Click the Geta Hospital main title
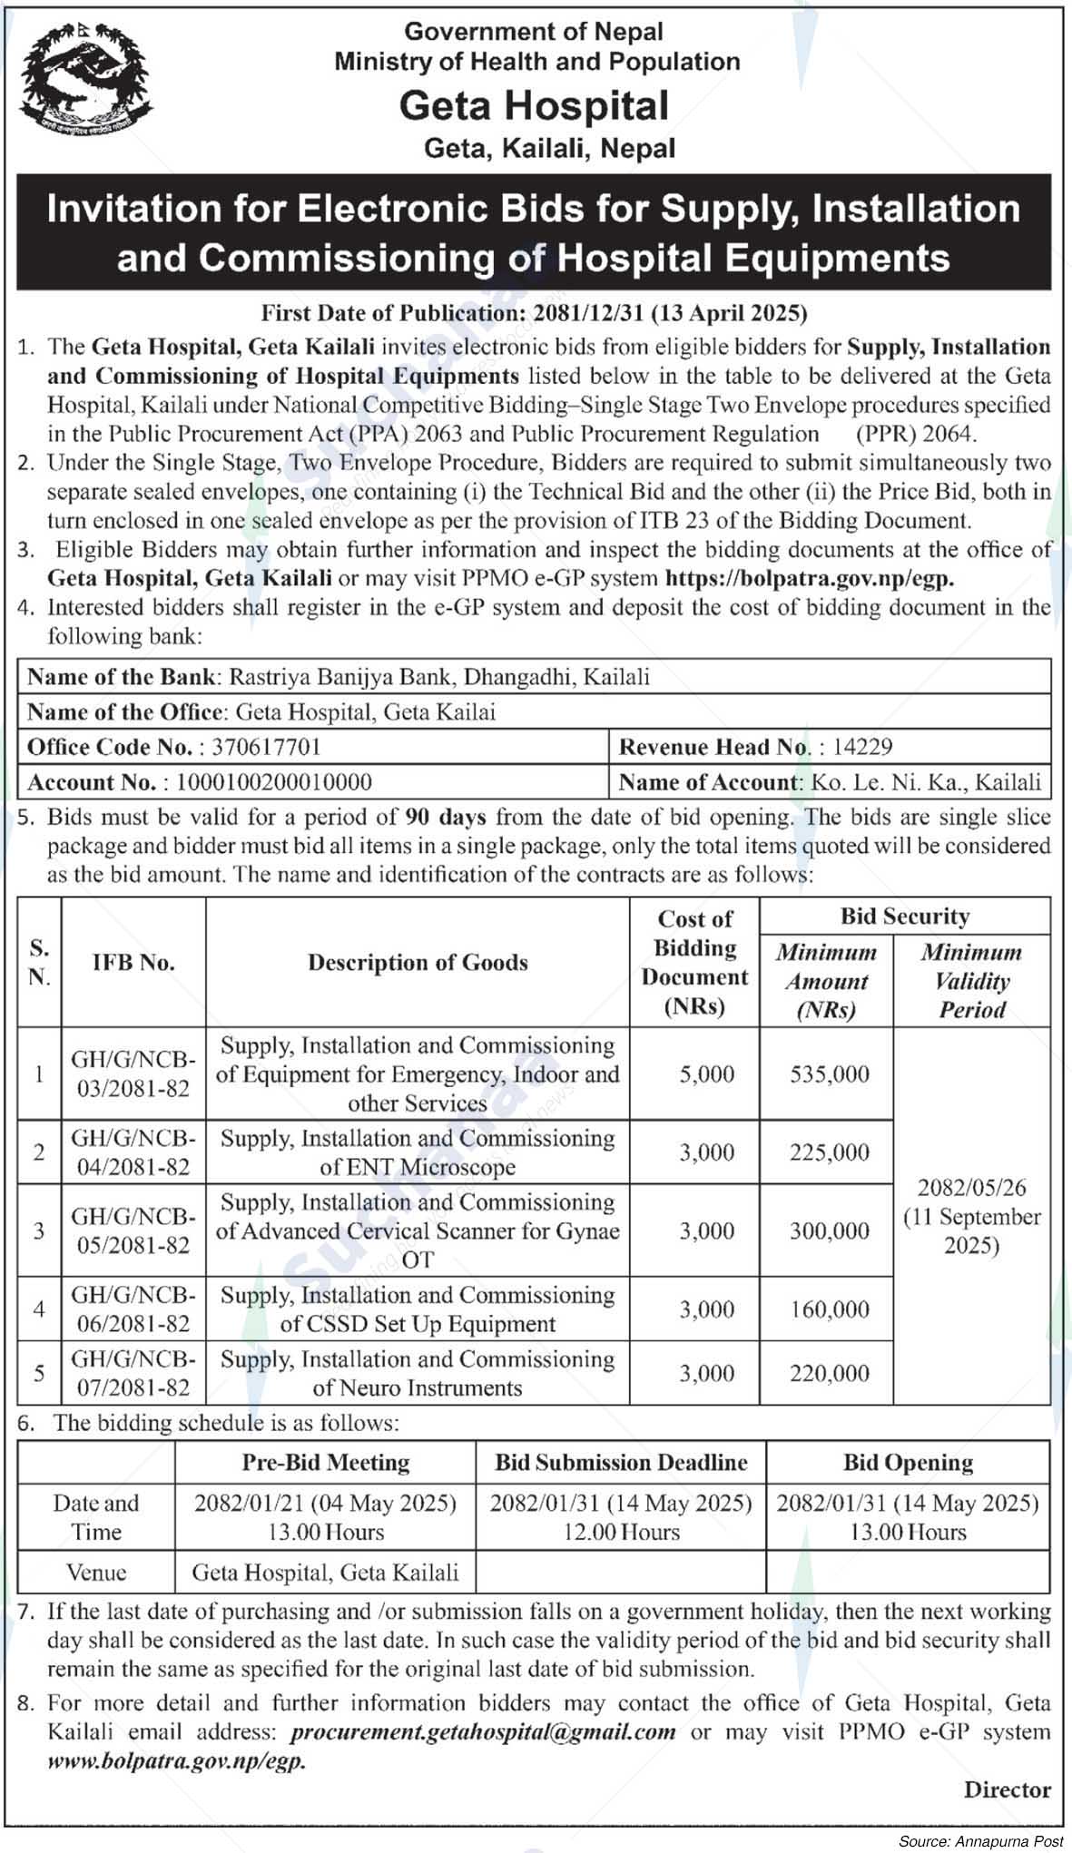534,106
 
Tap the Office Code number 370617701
266,747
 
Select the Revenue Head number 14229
862,747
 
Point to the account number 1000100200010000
274,782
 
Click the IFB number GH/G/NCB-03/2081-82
133,1074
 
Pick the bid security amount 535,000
829,1074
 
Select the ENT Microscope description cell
418,1152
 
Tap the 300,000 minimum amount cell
829,1230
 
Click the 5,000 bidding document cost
706,1074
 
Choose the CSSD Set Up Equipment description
418,1309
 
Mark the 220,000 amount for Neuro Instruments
829,1373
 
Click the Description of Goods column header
418,963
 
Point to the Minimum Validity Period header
971,981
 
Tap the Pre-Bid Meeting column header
325,1462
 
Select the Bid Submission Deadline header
621,1462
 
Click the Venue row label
96,1572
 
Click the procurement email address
483,1731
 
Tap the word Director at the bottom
1007,1789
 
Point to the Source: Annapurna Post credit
980,1841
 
